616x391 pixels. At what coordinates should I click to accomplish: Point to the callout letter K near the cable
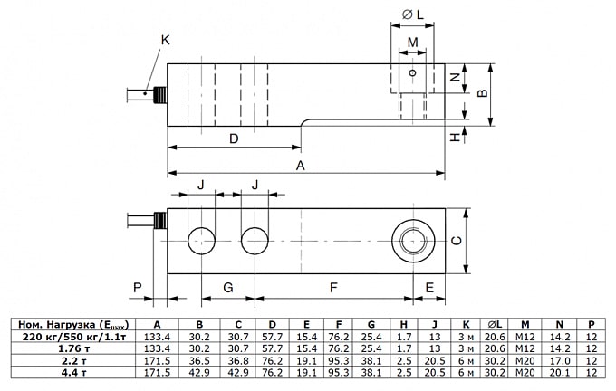pos(165,40)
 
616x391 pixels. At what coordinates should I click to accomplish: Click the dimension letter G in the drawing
pos(227,288)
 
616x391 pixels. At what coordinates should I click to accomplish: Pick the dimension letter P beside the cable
pos(137,288)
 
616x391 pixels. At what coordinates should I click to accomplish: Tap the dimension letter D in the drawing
pos(233,138)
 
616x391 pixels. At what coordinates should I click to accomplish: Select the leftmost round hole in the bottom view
pos(201,240)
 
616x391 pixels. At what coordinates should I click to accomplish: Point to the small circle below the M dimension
pos(412,72)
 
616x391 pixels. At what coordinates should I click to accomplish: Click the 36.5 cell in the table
pos(199,360)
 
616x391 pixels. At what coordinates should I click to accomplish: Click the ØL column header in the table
pos(495,325)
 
